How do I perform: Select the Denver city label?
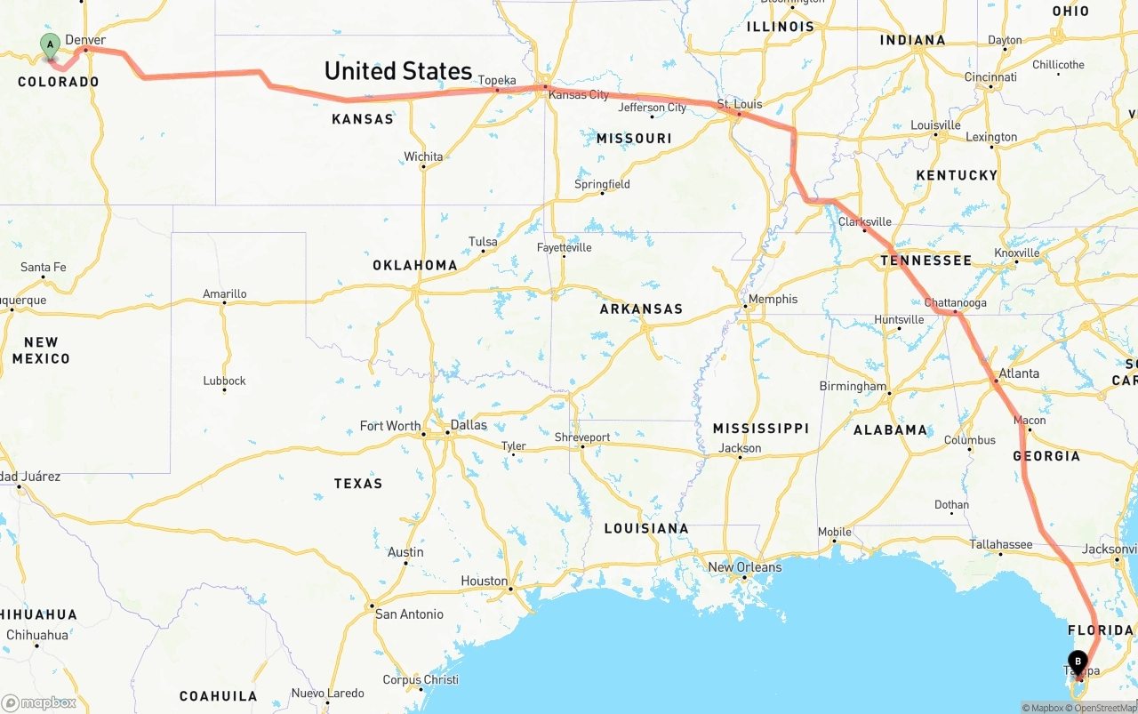(85, 40)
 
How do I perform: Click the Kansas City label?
(579, 95)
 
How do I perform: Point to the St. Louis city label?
(740, 104)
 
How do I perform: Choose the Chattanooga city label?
(955, 303)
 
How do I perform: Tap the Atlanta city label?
(1018, 373)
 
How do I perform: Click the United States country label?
(397, 71)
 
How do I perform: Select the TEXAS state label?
(358, 484)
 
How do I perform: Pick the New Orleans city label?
(744, 567)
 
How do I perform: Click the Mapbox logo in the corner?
(39, 703)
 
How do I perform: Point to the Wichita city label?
(423, 156)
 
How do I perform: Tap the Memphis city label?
(773, 300)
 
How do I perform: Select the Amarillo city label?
(225, 294)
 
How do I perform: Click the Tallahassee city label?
(1000, 545)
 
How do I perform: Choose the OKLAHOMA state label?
(414, 265)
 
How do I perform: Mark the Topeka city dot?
(497, 90)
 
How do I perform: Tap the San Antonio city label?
(409, 614)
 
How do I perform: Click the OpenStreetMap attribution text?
(1105, 708)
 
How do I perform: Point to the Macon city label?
(1030, 421)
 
